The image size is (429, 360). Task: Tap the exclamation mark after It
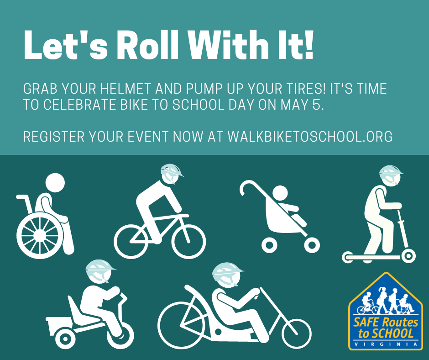point(309,45)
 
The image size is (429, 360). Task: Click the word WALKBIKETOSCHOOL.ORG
point(310,136)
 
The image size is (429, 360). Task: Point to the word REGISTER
point(54,136)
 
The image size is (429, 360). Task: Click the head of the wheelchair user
point(55,183)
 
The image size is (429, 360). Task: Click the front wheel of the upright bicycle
point(188,242)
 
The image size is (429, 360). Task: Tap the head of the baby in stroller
point(280,193)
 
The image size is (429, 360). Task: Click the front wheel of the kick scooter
point(408,256)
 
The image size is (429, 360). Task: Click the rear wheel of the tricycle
point(65,339)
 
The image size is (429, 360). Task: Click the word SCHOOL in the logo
point(393,334)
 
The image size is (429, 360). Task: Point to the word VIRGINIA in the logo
point(386,344)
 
